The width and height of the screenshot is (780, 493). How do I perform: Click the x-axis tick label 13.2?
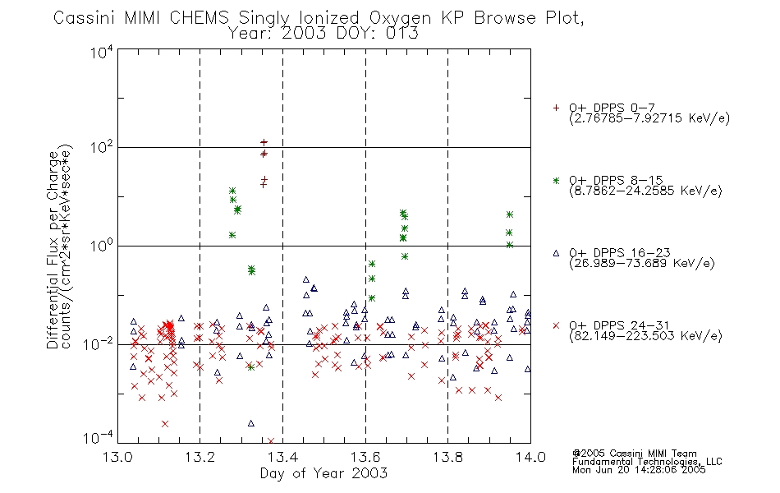point(200,457)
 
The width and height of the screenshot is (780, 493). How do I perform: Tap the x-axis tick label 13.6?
point(365,457)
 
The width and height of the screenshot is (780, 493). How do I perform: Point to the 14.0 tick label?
point(530,457)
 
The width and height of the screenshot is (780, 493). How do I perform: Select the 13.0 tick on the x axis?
point(117,457)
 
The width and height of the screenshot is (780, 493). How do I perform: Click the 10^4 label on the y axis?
point(102,53)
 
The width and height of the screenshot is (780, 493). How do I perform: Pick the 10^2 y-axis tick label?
point(102,148)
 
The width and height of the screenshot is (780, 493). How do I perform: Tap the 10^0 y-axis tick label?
point(102,246)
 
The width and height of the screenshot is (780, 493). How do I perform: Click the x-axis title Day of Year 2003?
point(323,473)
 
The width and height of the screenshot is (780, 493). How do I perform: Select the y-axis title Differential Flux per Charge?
point(53,251)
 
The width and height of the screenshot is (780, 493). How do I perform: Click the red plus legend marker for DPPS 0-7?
point(556,108)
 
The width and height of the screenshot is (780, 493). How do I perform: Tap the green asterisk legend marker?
point(556,180)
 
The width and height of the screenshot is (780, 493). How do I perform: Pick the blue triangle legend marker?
point(556,253)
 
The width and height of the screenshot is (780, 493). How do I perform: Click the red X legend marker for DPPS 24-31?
point(556,325)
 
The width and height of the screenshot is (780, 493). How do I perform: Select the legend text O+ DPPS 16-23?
point(620,253)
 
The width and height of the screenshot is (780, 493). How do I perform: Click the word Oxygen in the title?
point(400,18)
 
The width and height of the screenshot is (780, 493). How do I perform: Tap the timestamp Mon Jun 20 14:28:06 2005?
point(639,470)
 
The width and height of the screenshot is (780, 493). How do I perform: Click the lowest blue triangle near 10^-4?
point(250,423)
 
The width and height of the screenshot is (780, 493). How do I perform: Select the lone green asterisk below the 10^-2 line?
point(251,367)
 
